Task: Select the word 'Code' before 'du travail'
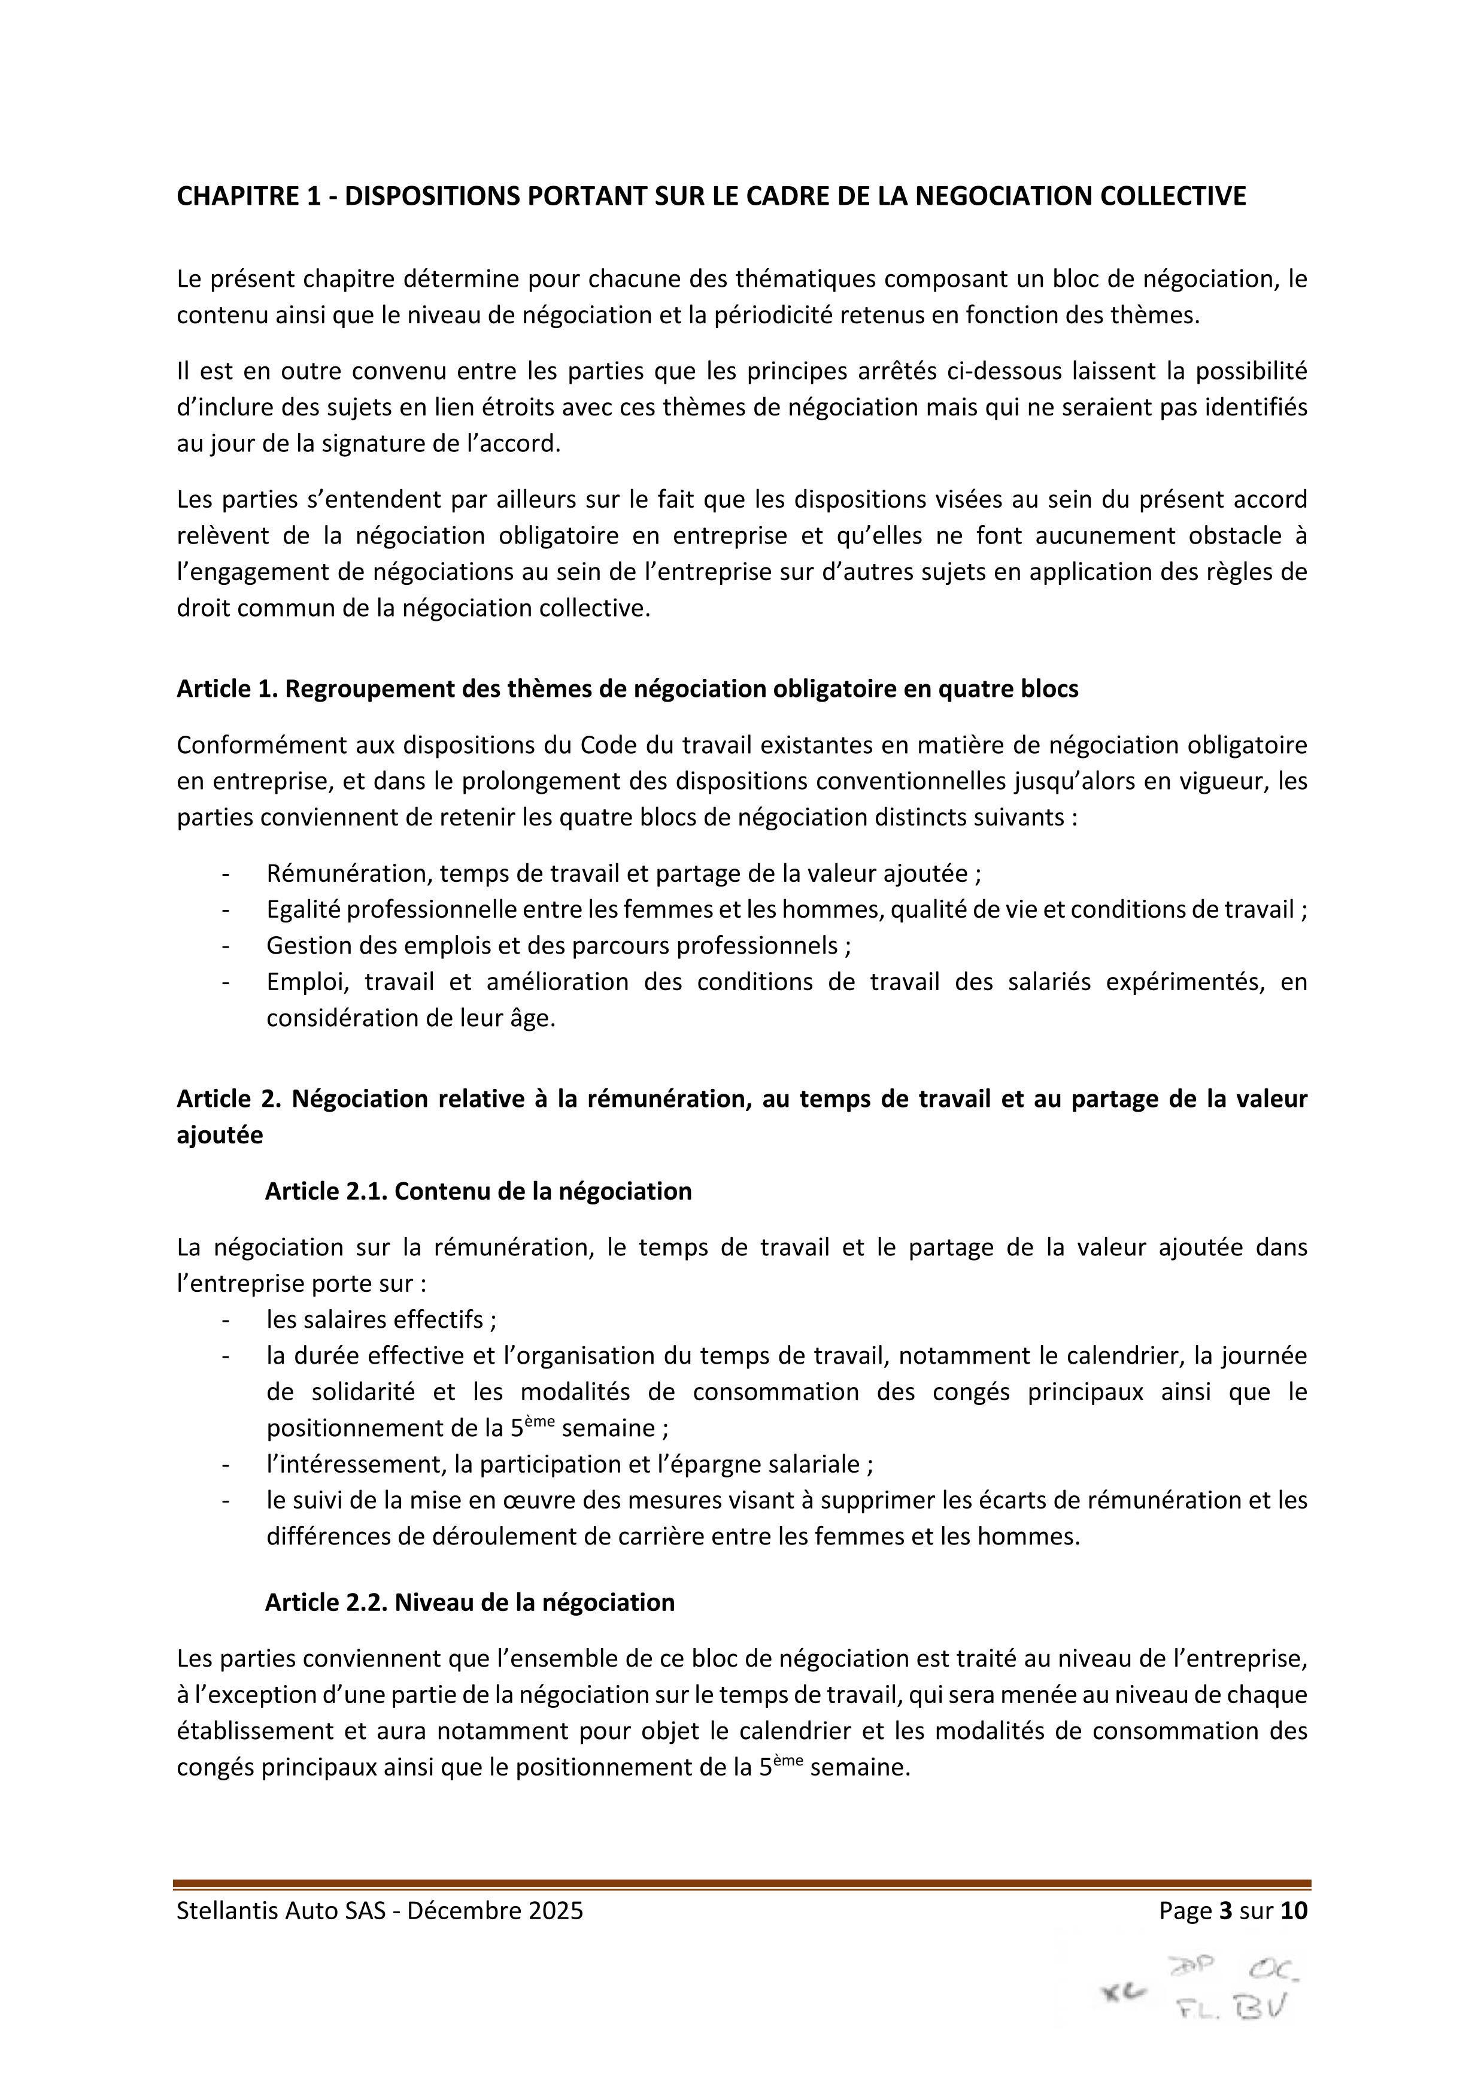605,745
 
